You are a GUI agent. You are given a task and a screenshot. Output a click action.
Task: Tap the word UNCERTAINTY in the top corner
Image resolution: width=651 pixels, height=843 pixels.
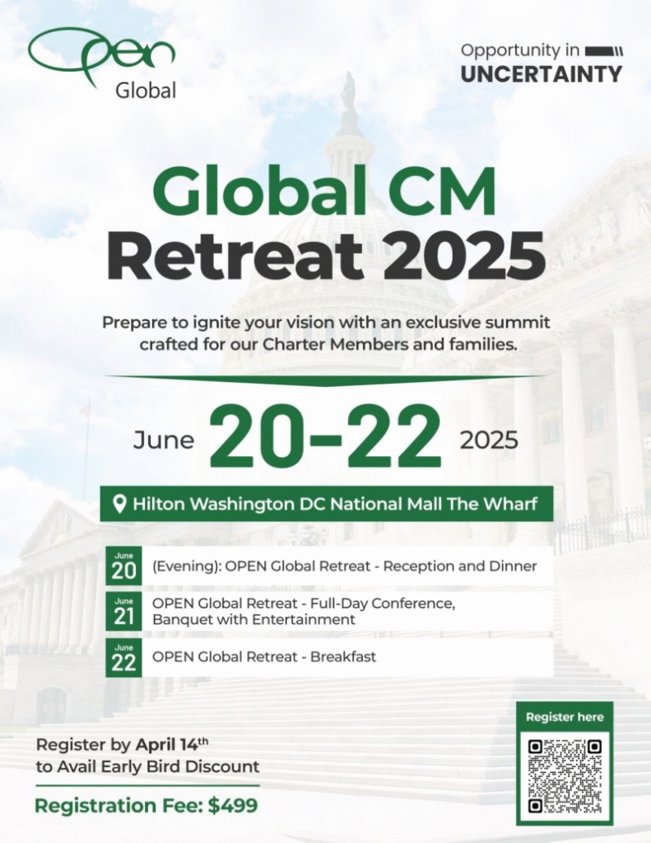click(542, 74)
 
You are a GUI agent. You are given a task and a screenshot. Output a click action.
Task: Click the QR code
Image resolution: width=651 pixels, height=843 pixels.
click(565, 776)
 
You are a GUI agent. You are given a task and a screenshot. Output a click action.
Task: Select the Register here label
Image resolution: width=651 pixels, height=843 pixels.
click(565, 717)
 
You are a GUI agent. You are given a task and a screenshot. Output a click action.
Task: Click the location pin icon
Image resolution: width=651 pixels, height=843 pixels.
click(120, 505)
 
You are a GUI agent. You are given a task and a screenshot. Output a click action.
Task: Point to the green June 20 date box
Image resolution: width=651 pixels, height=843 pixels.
click(123, 566)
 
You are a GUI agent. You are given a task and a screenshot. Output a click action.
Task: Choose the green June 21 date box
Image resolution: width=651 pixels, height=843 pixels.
click(123, 612)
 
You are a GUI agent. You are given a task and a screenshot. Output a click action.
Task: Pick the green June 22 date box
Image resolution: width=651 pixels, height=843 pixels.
click(123, 658)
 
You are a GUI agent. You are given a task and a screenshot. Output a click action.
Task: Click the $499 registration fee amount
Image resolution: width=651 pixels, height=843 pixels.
click(233, 805)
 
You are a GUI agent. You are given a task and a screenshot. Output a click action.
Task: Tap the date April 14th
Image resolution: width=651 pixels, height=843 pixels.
click(171, 744)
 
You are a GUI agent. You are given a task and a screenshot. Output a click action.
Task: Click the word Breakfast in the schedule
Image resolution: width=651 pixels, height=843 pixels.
click(343, 656)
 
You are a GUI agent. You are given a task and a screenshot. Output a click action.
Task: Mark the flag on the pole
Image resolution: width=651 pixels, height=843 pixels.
click(84, 412)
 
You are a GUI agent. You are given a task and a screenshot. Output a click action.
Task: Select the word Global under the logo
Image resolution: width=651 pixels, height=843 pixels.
click(146, 91)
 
